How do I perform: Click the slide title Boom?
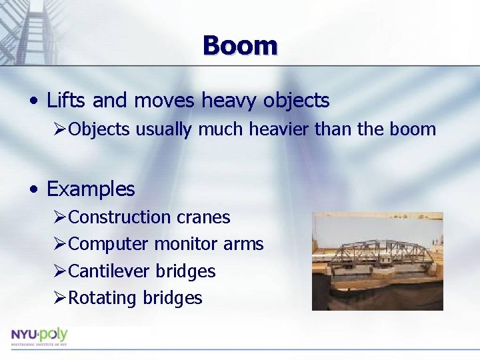240,45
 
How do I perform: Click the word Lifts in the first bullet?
67,101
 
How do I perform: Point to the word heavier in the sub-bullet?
275,129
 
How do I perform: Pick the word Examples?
91,189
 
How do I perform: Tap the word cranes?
203,217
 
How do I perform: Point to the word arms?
243,245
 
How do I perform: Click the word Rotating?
103,298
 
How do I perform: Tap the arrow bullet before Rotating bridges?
60,298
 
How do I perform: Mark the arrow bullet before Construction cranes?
60,217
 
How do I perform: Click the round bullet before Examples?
33,190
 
